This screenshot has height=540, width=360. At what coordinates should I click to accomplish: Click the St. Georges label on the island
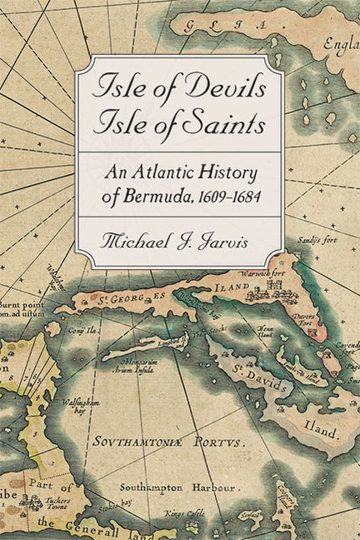[141, 292]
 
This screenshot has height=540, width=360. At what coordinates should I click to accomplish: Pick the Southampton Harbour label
[154, 486]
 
